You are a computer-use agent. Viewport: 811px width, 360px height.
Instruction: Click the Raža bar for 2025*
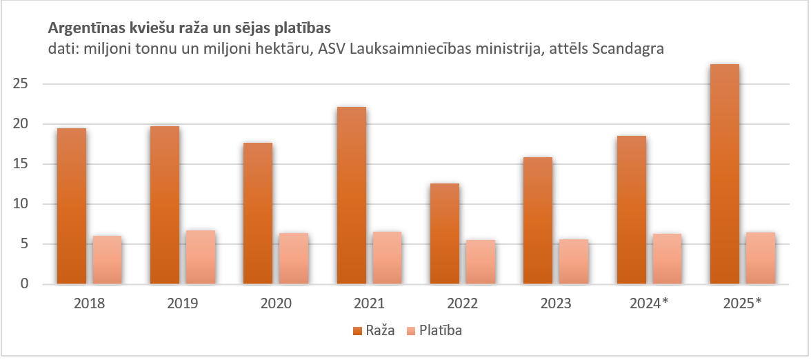point(724,174)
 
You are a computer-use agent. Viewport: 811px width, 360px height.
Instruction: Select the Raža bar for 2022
point(444,234)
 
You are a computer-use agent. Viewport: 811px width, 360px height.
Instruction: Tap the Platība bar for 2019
point(201,257)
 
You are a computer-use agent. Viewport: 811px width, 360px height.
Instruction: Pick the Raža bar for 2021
point(352,195)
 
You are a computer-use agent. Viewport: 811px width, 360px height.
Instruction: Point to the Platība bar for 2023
point(573,261)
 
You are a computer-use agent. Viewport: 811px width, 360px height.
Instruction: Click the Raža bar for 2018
point(72,206)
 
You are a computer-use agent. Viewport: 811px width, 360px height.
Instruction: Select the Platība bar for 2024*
point(667,259)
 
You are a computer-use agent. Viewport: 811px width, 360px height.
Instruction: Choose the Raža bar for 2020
point(258,213)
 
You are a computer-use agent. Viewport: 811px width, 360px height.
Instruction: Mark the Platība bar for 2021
point(387,258)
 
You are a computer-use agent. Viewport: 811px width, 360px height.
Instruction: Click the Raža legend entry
point(376,330)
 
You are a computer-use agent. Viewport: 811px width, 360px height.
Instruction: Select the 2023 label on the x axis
point(556,303)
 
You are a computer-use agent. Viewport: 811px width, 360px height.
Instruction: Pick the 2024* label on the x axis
point(649,303)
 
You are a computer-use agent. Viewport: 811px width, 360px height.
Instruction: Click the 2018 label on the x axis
point(89,303)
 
